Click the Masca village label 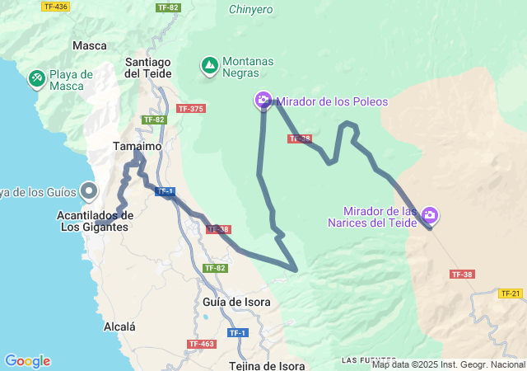click(x=90, y=46)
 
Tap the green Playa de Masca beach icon click(x=36, y=79)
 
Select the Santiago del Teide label click(x=147, y=68)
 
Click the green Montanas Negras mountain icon click(x=209, y=63)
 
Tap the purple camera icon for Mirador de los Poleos click(x=263, y=101)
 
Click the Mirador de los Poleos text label click(x=331, y=102)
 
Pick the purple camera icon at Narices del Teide click(x=429, y=216)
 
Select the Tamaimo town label click(x=136, y=147)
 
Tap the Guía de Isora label click(x=236, y=302)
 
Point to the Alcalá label click(x=119, y=327)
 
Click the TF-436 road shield click(x=55, y=7)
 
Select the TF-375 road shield click(x=190, y=109)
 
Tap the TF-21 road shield click(x=511, y=293)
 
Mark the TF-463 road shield click(x=201, y=344)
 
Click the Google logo click(x=27, y=361)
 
